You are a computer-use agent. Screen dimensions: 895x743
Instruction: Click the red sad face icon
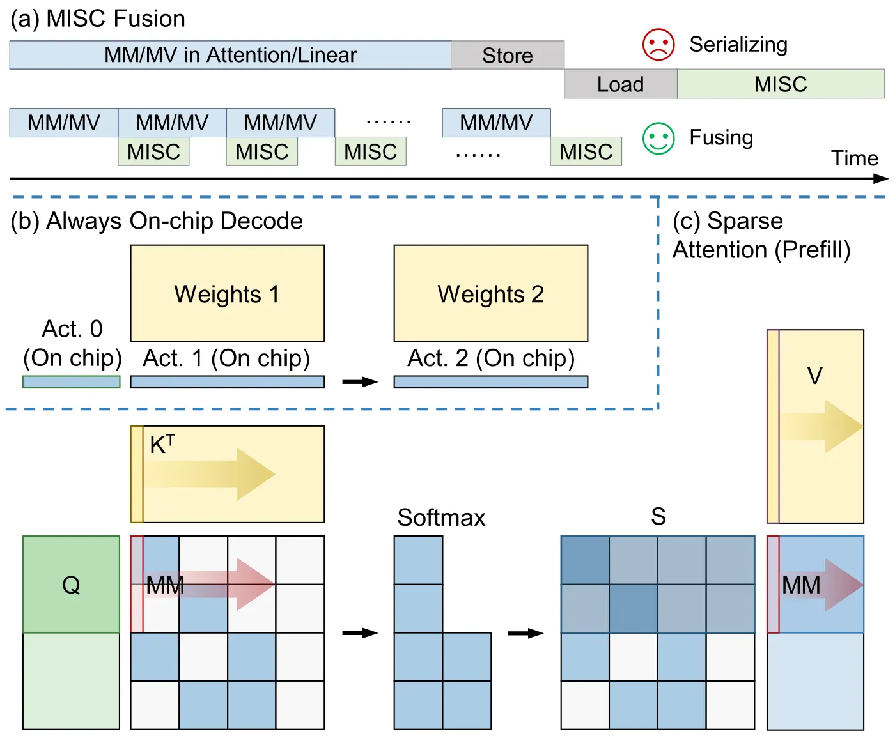pos(658,44)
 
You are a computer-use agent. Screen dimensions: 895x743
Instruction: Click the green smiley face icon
pos(658,138)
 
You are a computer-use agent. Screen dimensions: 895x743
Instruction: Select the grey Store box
pos(507,55)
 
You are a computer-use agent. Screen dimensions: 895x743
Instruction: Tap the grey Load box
pos(620,84)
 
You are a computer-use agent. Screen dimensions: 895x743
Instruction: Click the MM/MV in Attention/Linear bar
pos(230,55)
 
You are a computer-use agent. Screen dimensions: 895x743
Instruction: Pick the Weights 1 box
pos(227,293)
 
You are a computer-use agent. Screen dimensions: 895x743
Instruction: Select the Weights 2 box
pos(491,293)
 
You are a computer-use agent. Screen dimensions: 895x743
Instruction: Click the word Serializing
pos(738,45)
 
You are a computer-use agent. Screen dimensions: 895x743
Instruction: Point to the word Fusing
pos(721,137)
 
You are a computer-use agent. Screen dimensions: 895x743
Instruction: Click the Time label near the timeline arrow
pos(854,158)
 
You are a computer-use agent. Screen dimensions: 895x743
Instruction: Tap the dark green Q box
pos(71,584)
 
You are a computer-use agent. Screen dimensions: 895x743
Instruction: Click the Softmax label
pos(441,517)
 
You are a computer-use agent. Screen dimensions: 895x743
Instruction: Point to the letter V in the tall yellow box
pos(815,376)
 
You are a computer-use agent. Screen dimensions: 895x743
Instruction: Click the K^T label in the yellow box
pos(162,444)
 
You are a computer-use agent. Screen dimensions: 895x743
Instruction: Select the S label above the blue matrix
pos(658,516)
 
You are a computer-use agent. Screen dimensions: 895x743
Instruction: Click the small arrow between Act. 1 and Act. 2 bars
pos(360,381)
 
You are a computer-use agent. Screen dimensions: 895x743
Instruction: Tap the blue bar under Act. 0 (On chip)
pos(71,382)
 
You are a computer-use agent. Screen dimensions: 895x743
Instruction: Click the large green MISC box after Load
pos(781,84)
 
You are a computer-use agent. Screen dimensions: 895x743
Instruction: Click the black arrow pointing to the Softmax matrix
pos(360,633)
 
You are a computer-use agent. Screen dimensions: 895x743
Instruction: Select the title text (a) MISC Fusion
pos(98,19)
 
